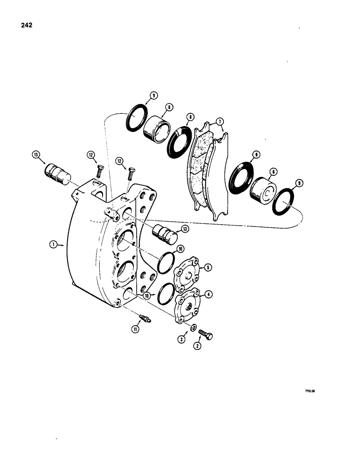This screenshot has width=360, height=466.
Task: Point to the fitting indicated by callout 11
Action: point(145,320)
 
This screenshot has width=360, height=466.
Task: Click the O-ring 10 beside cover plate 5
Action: point(166,263)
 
